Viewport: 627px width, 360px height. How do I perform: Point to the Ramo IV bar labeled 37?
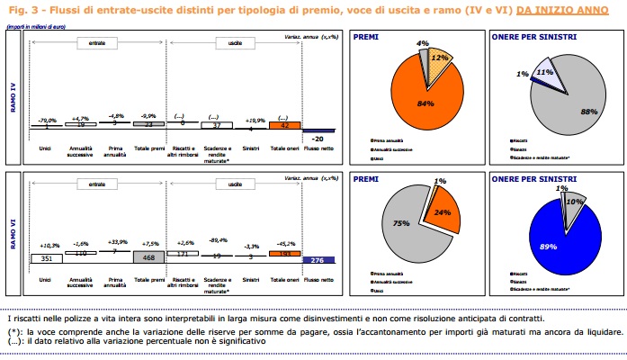click(214, 126)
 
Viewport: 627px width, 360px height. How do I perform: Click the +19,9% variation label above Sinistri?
click(249, 119)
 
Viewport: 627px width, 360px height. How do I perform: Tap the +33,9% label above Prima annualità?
click(114, 242)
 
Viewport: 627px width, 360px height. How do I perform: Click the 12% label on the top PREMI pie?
click(441, 58)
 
